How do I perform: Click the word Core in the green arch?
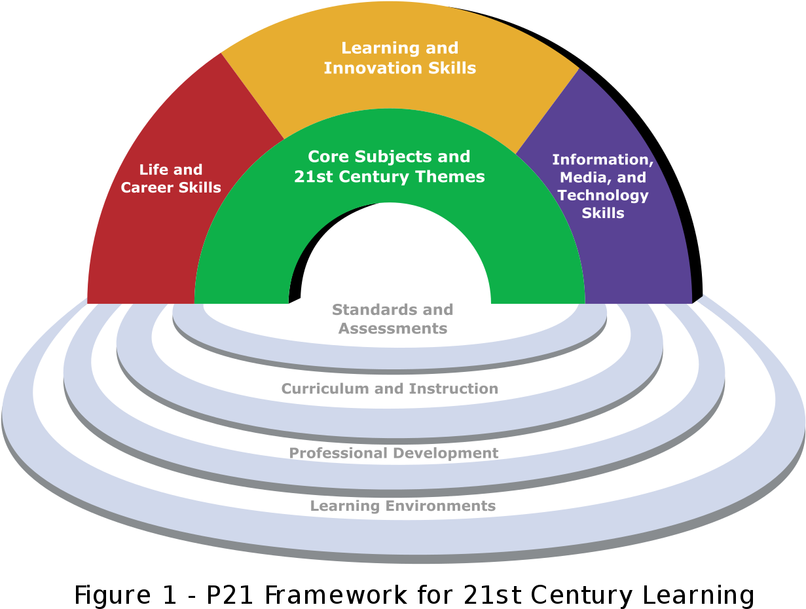tap(327, 157)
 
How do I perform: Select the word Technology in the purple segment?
tap(602, 195)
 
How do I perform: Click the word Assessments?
tap(393, 328)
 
